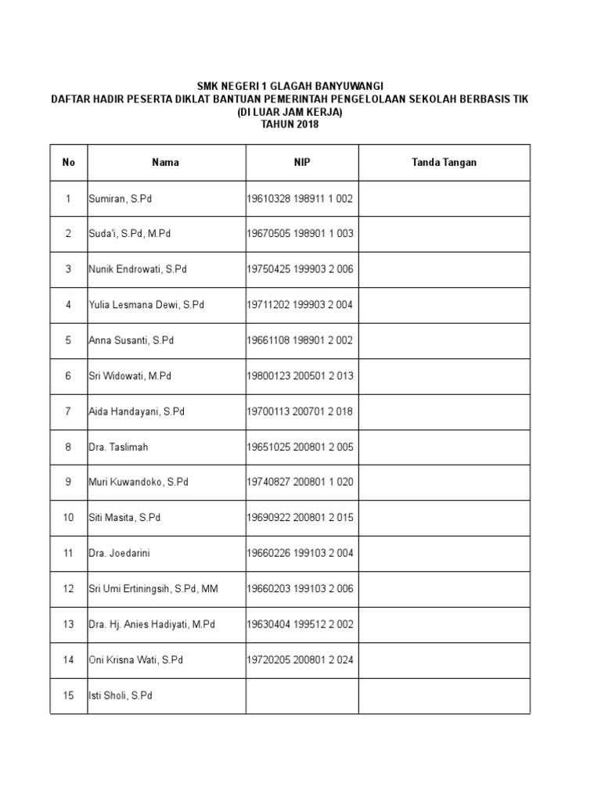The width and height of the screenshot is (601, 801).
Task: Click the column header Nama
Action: pyautogui.click(x=165, y=163)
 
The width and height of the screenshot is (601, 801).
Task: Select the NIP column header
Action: pyautogui.click(x=301, y=163)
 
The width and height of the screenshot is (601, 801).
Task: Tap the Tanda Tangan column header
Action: pyautogui.click(x=444, y=163)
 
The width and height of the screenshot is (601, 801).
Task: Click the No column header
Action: pyautogui.click(x=69, y=163)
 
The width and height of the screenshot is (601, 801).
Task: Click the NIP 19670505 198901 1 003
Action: pyautogui.click(x=300, y=234)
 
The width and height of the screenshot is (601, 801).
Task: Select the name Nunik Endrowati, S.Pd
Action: pyautogui.click(x=138, y=269)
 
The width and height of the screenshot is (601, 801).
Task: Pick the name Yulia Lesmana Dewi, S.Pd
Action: pyautogui.click(x=146, y=305)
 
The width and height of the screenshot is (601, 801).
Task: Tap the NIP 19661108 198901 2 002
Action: pyautogui.click(x=300, y=340)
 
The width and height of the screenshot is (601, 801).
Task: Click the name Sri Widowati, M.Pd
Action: pyautogui.click(x=130, y=376)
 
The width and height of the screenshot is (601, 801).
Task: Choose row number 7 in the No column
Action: pyautogui.click(x=69, y=411)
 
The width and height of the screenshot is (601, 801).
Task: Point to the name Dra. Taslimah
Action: pyautogui.click(x=118, y=447)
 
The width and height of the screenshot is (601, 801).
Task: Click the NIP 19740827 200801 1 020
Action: pyautogui.click(x=300, y=483)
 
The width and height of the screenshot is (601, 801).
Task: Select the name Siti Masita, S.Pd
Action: pyautogui.click(x=124, y=518)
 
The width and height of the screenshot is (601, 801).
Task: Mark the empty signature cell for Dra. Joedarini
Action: pyautogui.click(x=444, y=553)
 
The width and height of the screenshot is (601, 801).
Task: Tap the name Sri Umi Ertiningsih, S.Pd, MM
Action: pyautogui.click(x=153, y=589)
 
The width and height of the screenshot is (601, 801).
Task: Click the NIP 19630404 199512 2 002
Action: pyautogui.click(x=300, y=624)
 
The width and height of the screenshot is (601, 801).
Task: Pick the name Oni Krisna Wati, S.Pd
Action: pyautogui.click(x=135, y=660)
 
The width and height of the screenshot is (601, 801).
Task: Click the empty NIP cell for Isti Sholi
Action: pyautogui.click(x=302, y=695)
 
